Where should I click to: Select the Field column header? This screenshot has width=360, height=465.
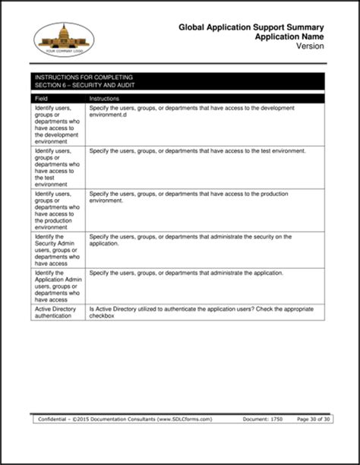[43, 99]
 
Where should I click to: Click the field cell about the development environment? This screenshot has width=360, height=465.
[57, 125]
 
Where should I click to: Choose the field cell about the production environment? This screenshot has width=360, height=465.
[57, 210]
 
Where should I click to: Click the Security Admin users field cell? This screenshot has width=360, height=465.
[57, 249]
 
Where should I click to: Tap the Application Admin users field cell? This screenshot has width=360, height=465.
[57, 286]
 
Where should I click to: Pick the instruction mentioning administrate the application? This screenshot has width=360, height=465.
[186, 273]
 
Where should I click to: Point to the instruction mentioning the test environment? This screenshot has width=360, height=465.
[197, 151]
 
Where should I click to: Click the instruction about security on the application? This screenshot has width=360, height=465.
[190, 240]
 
